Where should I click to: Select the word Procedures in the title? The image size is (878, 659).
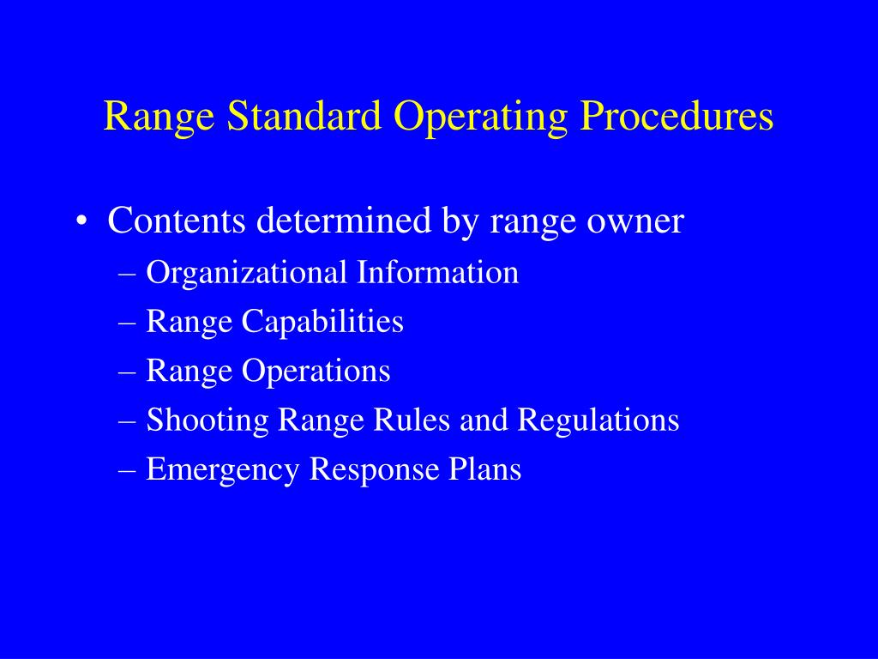676,117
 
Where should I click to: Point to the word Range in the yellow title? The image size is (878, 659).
160,117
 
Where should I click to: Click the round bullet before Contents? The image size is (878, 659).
81,222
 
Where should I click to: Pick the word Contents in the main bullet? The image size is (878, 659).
176,221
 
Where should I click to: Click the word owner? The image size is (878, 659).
634,221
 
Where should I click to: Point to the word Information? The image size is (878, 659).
438,273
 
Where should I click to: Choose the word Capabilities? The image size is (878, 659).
322,323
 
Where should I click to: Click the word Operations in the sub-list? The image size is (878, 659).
316,372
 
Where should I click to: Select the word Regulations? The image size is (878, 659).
598,420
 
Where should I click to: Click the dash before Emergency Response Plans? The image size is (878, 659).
129,470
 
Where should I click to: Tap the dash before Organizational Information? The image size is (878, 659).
129,274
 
